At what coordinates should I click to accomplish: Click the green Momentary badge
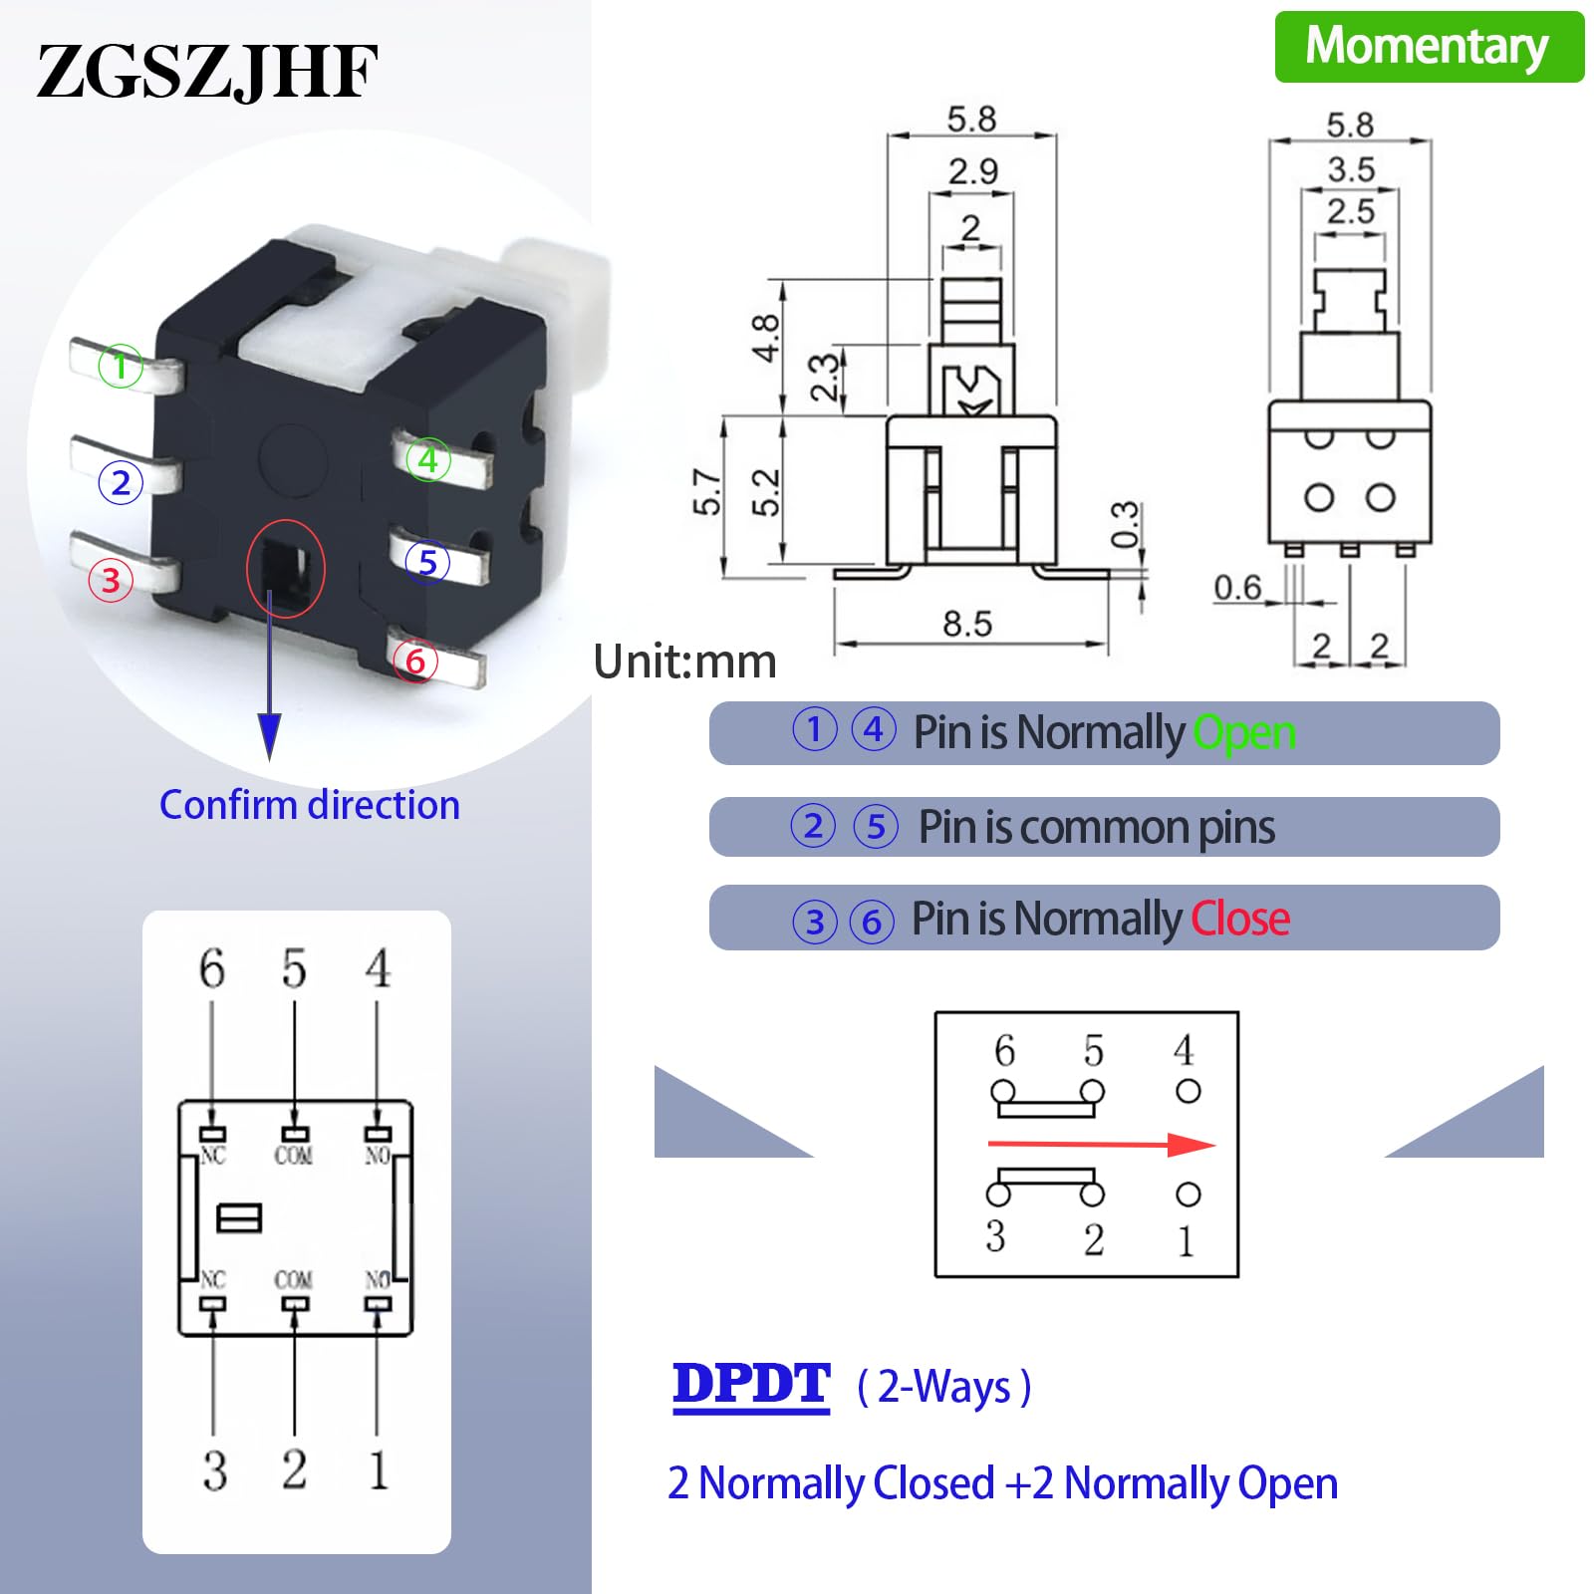click(1429, 47)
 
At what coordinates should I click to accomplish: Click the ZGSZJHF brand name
click(207, 72)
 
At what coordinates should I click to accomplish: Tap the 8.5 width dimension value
click(967, 625)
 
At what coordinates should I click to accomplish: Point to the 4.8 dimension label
click(765, 338)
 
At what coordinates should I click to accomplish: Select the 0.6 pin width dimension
click(1237, 588)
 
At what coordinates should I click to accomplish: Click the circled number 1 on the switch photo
click(121, 366)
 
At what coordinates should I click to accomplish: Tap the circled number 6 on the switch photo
click(415, 661)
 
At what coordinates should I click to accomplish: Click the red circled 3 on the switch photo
click(111, 580)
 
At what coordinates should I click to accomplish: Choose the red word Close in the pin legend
click(1240, 919)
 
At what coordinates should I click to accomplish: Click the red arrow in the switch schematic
click(1101, 1145)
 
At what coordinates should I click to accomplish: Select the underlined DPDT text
click(751, 1385)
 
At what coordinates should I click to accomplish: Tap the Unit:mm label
click(684, 662)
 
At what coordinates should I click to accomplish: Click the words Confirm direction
click(310, 805)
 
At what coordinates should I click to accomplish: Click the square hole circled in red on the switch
click(285, 569)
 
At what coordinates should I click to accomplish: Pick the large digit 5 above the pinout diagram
click(294, 968)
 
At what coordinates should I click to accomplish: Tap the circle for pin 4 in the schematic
click(1189, 1091)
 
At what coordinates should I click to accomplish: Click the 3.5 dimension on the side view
click(1351, 169)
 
